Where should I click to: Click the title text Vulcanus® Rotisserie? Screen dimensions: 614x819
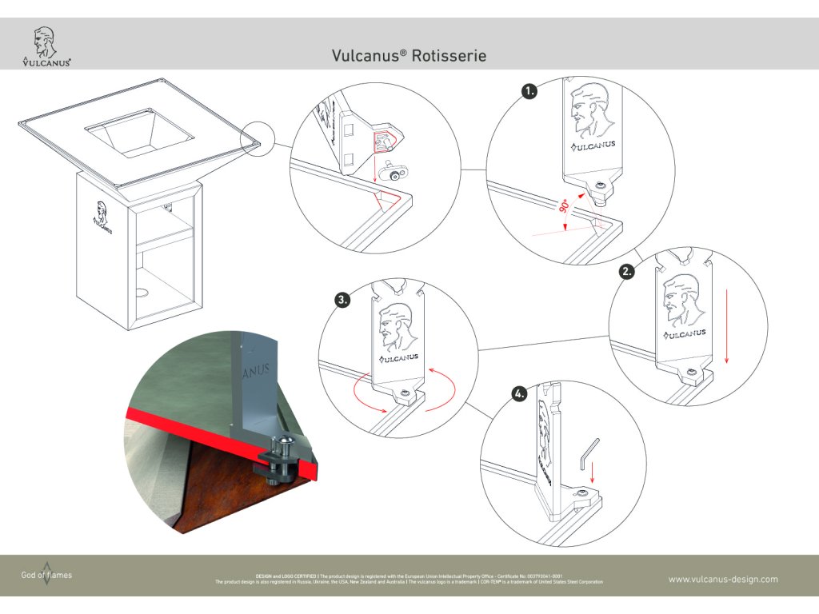tap(409, 56)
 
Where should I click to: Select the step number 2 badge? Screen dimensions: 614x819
tap(628, 271)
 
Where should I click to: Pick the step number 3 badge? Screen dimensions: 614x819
tap(343, 301)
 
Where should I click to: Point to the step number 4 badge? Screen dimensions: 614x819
tap(521, 393)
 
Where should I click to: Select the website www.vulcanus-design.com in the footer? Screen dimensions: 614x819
tap(722, 579)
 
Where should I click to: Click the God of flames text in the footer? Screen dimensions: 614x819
tap(46, 575)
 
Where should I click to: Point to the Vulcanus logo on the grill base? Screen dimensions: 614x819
tap(102, 214)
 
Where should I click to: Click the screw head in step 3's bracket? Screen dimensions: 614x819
tap(409, 393)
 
